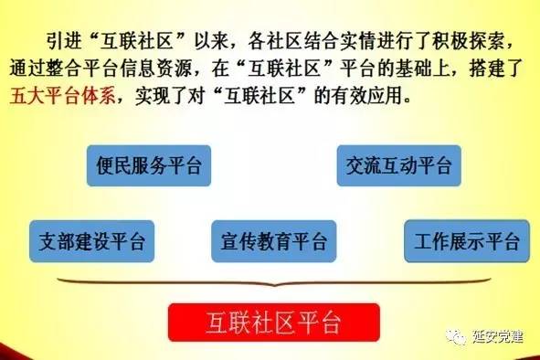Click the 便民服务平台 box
[149, 166]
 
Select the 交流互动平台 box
[398, 166]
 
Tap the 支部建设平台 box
[91, 241]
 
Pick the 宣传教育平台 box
[273, 241]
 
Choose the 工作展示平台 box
[466, 241]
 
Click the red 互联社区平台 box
[272, 323]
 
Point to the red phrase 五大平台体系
[63, 97]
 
